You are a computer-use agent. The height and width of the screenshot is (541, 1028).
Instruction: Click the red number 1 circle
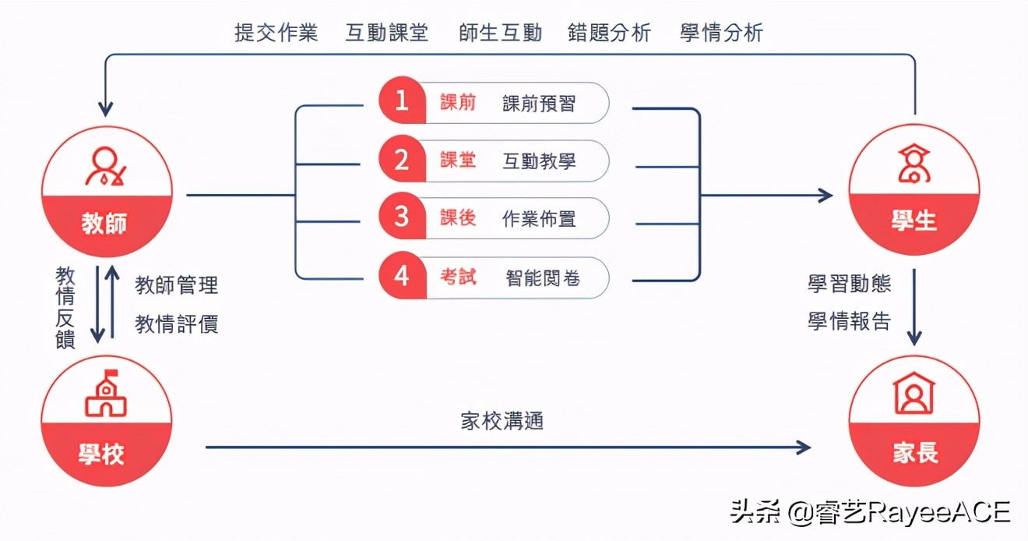402,101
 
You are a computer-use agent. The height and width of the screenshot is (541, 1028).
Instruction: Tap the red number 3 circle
402,217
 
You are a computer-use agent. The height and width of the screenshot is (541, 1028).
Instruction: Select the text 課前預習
539,103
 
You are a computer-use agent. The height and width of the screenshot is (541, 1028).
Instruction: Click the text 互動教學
539,161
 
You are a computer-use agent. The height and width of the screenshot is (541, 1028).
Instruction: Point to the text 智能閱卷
543,277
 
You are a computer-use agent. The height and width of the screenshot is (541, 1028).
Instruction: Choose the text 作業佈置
539,218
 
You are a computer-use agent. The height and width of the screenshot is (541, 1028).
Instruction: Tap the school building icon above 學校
105,394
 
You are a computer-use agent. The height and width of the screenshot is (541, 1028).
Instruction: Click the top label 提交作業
276,34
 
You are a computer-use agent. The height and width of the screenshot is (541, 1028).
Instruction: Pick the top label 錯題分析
609,34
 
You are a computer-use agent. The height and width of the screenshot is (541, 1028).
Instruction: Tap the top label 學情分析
721,34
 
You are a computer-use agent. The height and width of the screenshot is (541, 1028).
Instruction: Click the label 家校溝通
502,421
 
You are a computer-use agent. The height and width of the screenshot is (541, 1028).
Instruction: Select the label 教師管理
177,285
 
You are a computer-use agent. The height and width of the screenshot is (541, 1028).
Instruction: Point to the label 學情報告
849,321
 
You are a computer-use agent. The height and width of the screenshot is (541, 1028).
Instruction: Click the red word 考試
458,276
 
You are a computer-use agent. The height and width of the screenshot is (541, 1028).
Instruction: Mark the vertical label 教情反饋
65,307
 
